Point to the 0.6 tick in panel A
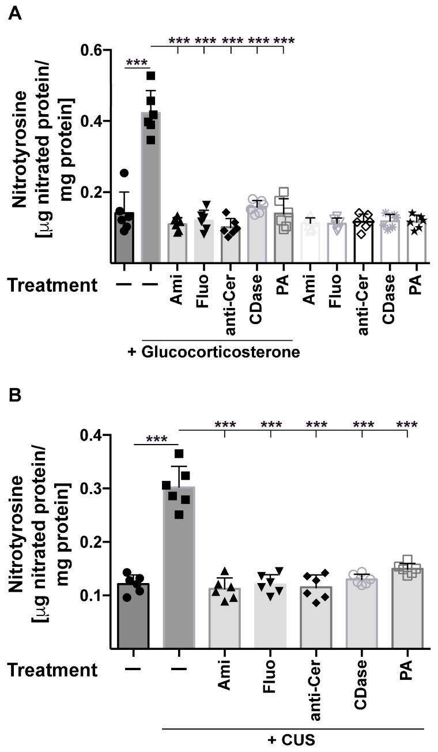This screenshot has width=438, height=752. [92, 50]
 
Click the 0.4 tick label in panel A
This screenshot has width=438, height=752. [92, 121]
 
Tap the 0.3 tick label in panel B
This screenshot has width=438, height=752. [92, 488]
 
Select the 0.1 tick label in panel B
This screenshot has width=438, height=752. [92, 595]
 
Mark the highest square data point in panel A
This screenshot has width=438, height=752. [151, 76]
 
